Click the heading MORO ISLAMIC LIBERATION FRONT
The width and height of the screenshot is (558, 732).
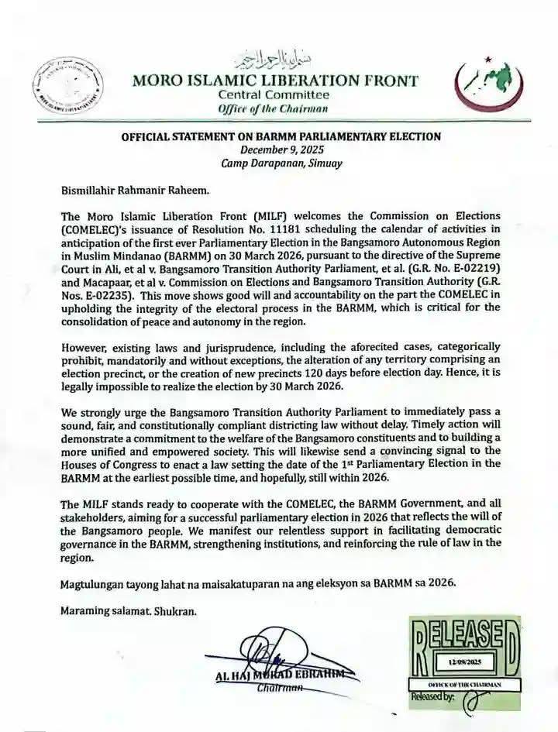pyautogui.click(x=276, y=80)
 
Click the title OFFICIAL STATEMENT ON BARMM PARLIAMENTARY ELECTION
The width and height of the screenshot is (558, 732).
pyautogui.click(x=281, y=137)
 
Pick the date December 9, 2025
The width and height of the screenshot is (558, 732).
pyautogui.click(x=280, y=150)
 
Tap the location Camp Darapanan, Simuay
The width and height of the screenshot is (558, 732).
pyautogui.click(x=280, y=163)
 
